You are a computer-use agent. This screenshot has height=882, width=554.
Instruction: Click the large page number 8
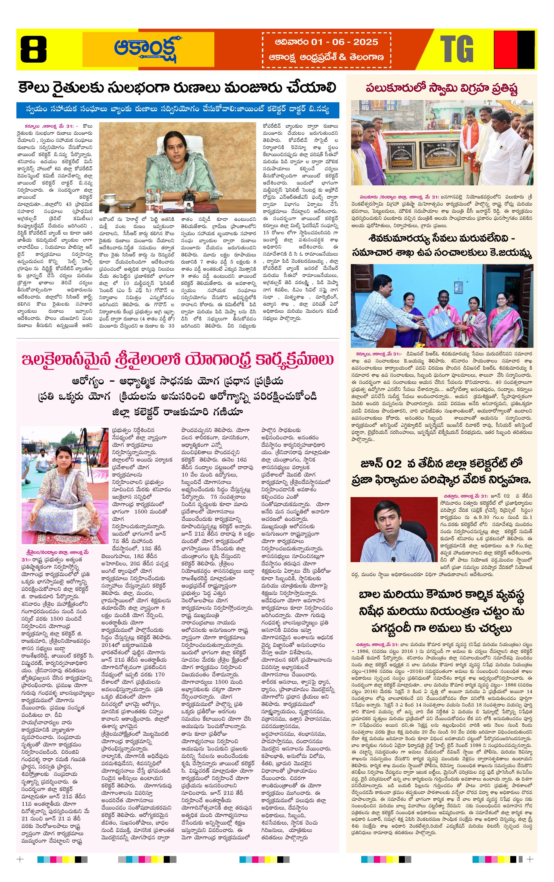point(33,49)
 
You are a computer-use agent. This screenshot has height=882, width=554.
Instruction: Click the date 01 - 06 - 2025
point(345,42)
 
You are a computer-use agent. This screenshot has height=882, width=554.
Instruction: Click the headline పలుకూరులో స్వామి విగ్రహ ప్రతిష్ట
point(442,88)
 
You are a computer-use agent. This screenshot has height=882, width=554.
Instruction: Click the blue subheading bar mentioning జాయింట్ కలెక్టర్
point(178,110)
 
